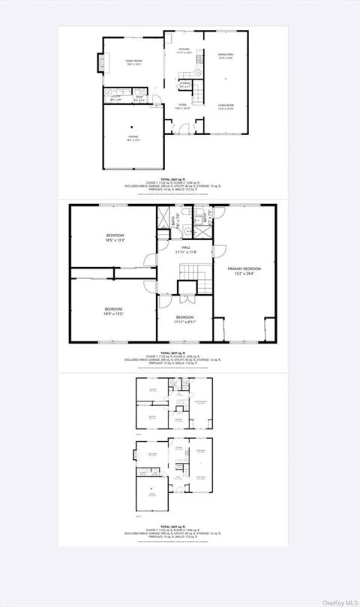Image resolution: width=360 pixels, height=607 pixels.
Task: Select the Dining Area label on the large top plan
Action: pyautogui.click(x=226, y=56)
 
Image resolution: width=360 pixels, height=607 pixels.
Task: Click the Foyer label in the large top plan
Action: pyautogui.click(x=182, y=106)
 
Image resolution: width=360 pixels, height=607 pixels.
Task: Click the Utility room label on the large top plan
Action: pyautogui.click(x=117, y=97)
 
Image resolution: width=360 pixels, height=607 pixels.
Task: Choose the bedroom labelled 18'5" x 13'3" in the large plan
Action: pyautogui.click(x=119, y=238)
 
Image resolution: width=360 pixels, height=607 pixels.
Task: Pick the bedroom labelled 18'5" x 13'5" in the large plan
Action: pyautogui.click(x=114, y=311)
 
